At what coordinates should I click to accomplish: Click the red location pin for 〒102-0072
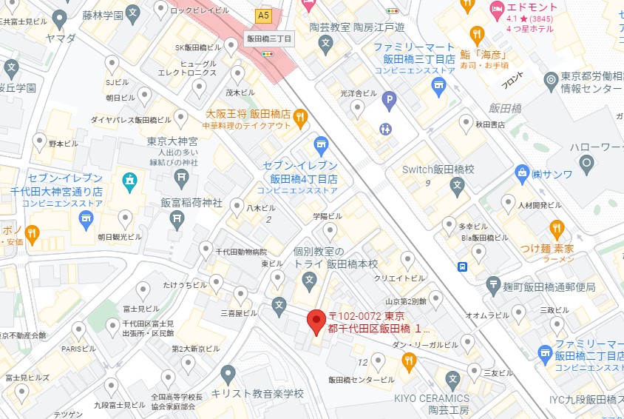[x=316, y=321]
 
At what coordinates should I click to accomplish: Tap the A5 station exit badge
[x=263, y=15]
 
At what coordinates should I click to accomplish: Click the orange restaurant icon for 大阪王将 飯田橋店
[x=299, y=116]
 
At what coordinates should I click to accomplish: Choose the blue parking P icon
[x=389, y=98]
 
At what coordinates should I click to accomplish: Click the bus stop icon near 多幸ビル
[x=462, y=267]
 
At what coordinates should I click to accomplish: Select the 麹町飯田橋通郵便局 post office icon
[x=493, y=286]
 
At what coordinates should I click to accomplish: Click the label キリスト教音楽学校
[x=257, y=393]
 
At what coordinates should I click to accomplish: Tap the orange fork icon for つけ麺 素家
[x=557, y=227]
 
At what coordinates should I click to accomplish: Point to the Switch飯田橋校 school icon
[x=458, y=185]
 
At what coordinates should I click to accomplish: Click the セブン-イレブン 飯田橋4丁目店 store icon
[x=321, y=143]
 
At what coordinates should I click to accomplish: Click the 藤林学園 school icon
[x=132, y=13]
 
